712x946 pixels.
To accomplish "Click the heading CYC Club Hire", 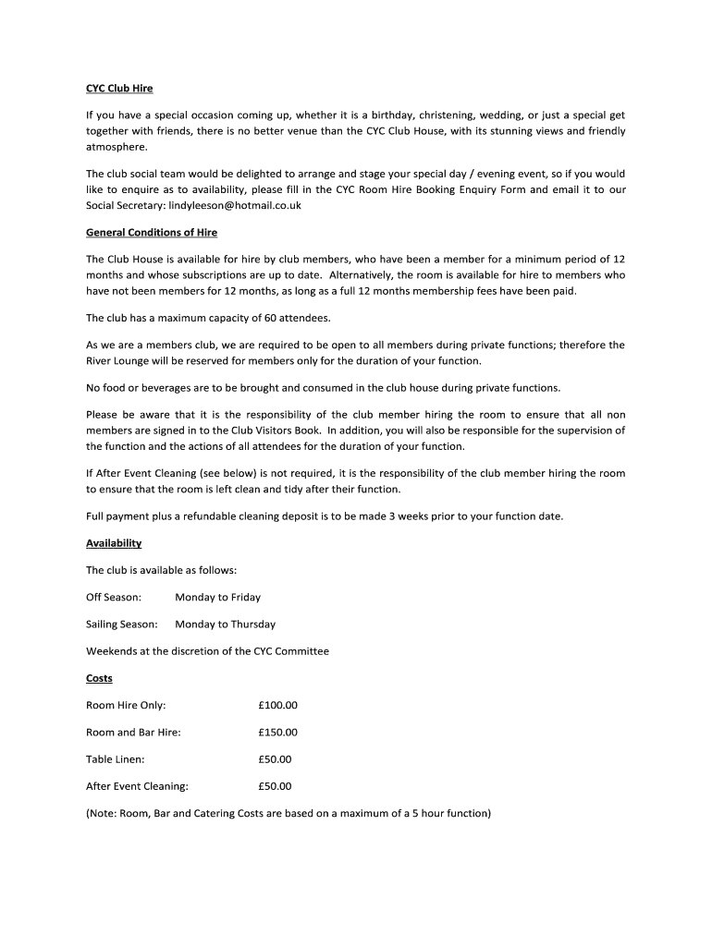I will [x=119, y=89].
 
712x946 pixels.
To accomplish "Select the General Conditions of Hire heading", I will [x=152, y=232].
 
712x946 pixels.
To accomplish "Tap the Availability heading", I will [x=114, y=543].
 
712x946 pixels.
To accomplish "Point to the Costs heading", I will [x=99, y=678].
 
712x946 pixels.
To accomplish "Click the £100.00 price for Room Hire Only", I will [x=278, y=706].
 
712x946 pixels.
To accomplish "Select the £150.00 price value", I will [x=278, y=733].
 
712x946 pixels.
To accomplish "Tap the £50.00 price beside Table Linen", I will [x=275, y=759].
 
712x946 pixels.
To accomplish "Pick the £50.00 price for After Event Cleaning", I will [x=275, y=787].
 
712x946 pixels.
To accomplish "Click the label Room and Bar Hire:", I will [x=133, y=733].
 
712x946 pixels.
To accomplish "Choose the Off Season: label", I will [x=114, y=598].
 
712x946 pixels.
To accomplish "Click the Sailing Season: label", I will [x=121, y=625].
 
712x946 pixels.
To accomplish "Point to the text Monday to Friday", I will [x=218, y=598].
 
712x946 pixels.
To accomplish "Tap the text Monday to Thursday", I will [x=225, y=625].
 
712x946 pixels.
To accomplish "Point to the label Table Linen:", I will [x=116, y=759].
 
